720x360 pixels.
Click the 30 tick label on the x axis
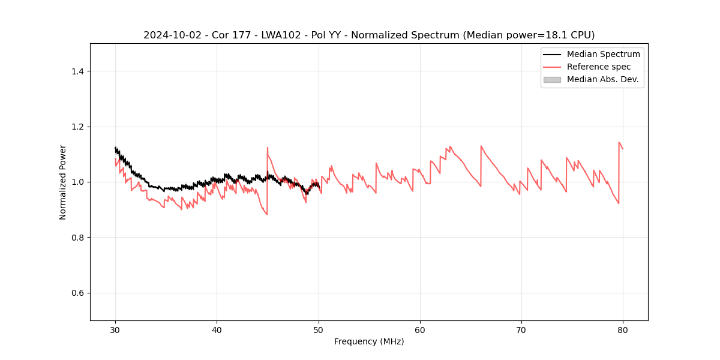(115, 329)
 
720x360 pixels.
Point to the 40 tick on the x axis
(217, 329)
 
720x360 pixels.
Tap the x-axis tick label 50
(318, 329)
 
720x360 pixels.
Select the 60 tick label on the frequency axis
(420, 329)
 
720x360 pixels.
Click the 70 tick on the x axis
(521, 329)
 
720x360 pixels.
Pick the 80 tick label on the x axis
(623, 329)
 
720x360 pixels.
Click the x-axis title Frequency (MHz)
(369, 341)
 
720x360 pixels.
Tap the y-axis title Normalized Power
(63, 182)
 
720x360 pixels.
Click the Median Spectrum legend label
(603, 54)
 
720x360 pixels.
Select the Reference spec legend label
(598, 67)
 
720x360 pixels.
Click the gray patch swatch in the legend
(552, 79)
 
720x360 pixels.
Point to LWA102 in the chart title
(266, 35)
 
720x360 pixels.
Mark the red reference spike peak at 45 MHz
(268, 148)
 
